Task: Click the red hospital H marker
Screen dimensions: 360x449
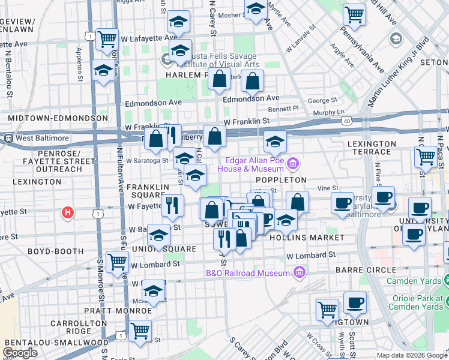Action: tap(68, 212)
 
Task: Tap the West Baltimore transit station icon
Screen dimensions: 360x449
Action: tap(8, 138)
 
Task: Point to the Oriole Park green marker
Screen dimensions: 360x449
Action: tap(445, 281)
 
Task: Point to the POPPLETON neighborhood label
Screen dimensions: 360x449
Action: tap(281, 179)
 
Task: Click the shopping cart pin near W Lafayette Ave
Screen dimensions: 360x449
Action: tap(107, 40)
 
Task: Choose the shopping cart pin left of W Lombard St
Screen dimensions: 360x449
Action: tap(116, 262)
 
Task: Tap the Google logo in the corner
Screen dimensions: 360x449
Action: tap(20, 353)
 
